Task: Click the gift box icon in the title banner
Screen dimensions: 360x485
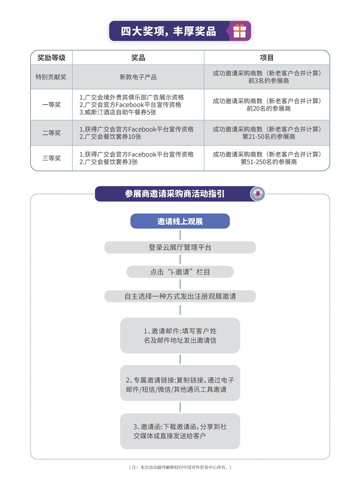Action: coord(240,31)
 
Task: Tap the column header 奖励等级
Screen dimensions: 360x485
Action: coord(51,58)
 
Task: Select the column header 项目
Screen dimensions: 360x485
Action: coord(266,58)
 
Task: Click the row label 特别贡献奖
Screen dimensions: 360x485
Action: coord(51,77)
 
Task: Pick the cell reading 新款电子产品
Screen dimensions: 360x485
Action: coord(138,77)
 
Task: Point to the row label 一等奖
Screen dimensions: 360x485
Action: coord(51,105)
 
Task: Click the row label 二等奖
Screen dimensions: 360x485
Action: coord(51,133)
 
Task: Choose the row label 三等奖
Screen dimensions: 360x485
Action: coord(51,158)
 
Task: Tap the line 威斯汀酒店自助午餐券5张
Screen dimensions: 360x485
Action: coord(118,112)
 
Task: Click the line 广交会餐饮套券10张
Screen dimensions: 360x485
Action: coord(110,137)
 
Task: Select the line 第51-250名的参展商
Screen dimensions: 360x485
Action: coord(268,162)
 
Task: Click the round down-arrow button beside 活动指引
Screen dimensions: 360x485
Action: coord(258,194)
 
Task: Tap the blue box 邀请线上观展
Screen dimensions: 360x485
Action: coord(180,221)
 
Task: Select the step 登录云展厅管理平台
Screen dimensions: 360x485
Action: coord(180,248)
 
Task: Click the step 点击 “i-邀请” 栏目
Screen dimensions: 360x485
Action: coord(180,272)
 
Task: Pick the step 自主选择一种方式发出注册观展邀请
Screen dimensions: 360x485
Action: coord(180,296)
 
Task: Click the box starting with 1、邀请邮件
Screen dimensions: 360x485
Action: coord(180,335)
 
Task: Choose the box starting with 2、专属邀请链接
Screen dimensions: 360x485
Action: coord(180,383)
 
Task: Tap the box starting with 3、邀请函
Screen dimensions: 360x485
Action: coord(180,431)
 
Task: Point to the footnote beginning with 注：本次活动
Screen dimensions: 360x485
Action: coord(180,467)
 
